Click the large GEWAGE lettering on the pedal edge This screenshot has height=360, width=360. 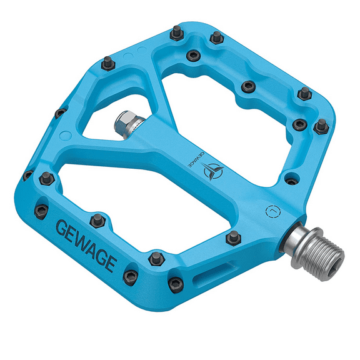click(86, 244)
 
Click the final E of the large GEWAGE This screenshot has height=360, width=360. click(110, 262)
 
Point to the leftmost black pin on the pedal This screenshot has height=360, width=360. click(28, 174)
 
